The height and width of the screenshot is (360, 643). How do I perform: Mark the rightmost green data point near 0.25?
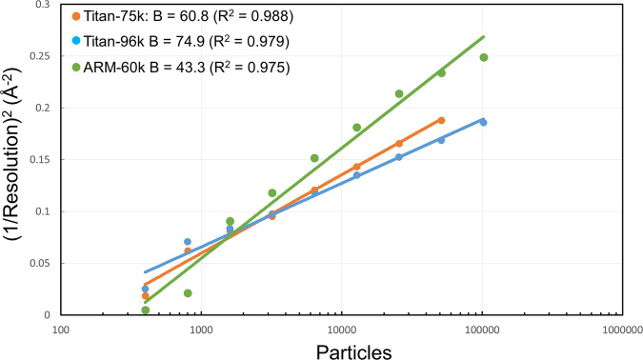[x=483, y=57]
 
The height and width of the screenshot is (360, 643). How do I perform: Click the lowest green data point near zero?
[x=145, y=310]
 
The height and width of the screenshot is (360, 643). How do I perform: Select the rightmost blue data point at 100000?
[x=483, y=122]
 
